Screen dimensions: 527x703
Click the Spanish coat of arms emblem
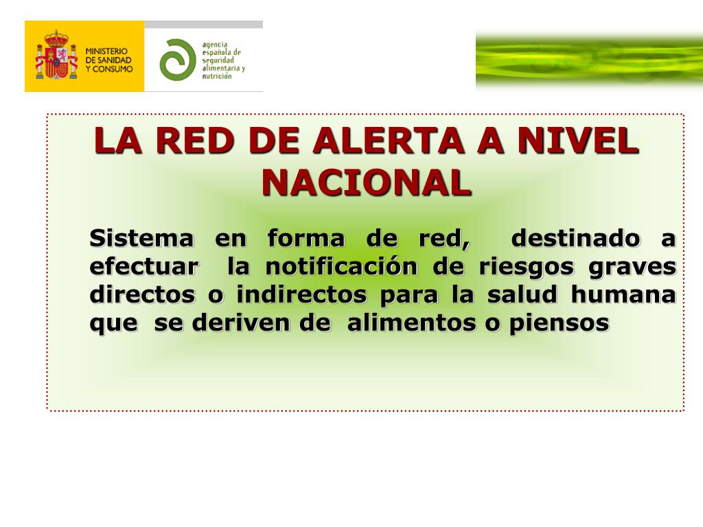[55, 56]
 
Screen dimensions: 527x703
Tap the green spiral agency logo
[177, 60]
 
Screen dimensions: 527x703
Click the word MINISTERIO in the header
[107, 51]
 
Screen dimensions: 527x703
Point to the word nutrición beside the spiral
[216, 76]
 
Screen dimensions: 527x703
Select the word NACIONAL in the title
[367, 182]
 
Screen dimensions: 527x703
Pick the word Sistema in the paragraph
[141, 239]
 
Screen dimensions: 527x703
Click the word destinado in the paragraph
[576, 239]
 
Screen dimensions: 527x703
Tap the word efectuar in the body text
[145, 267]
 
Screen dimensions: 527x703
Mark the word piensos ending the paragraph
[559, 323]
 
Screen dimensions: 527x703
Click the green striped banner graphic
[589, 60]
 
